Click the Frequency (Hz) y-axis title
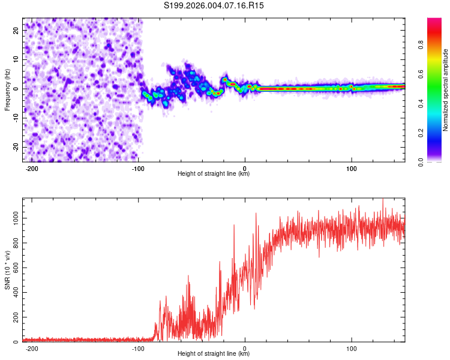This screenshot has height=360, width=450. point(7,90)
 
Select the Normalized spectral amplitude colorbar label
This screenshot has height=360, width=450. point(446,90)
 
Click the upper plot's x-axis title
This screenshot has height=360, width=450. point(214,174)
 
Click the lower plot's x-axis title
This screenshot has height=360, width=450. point(214,354)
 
